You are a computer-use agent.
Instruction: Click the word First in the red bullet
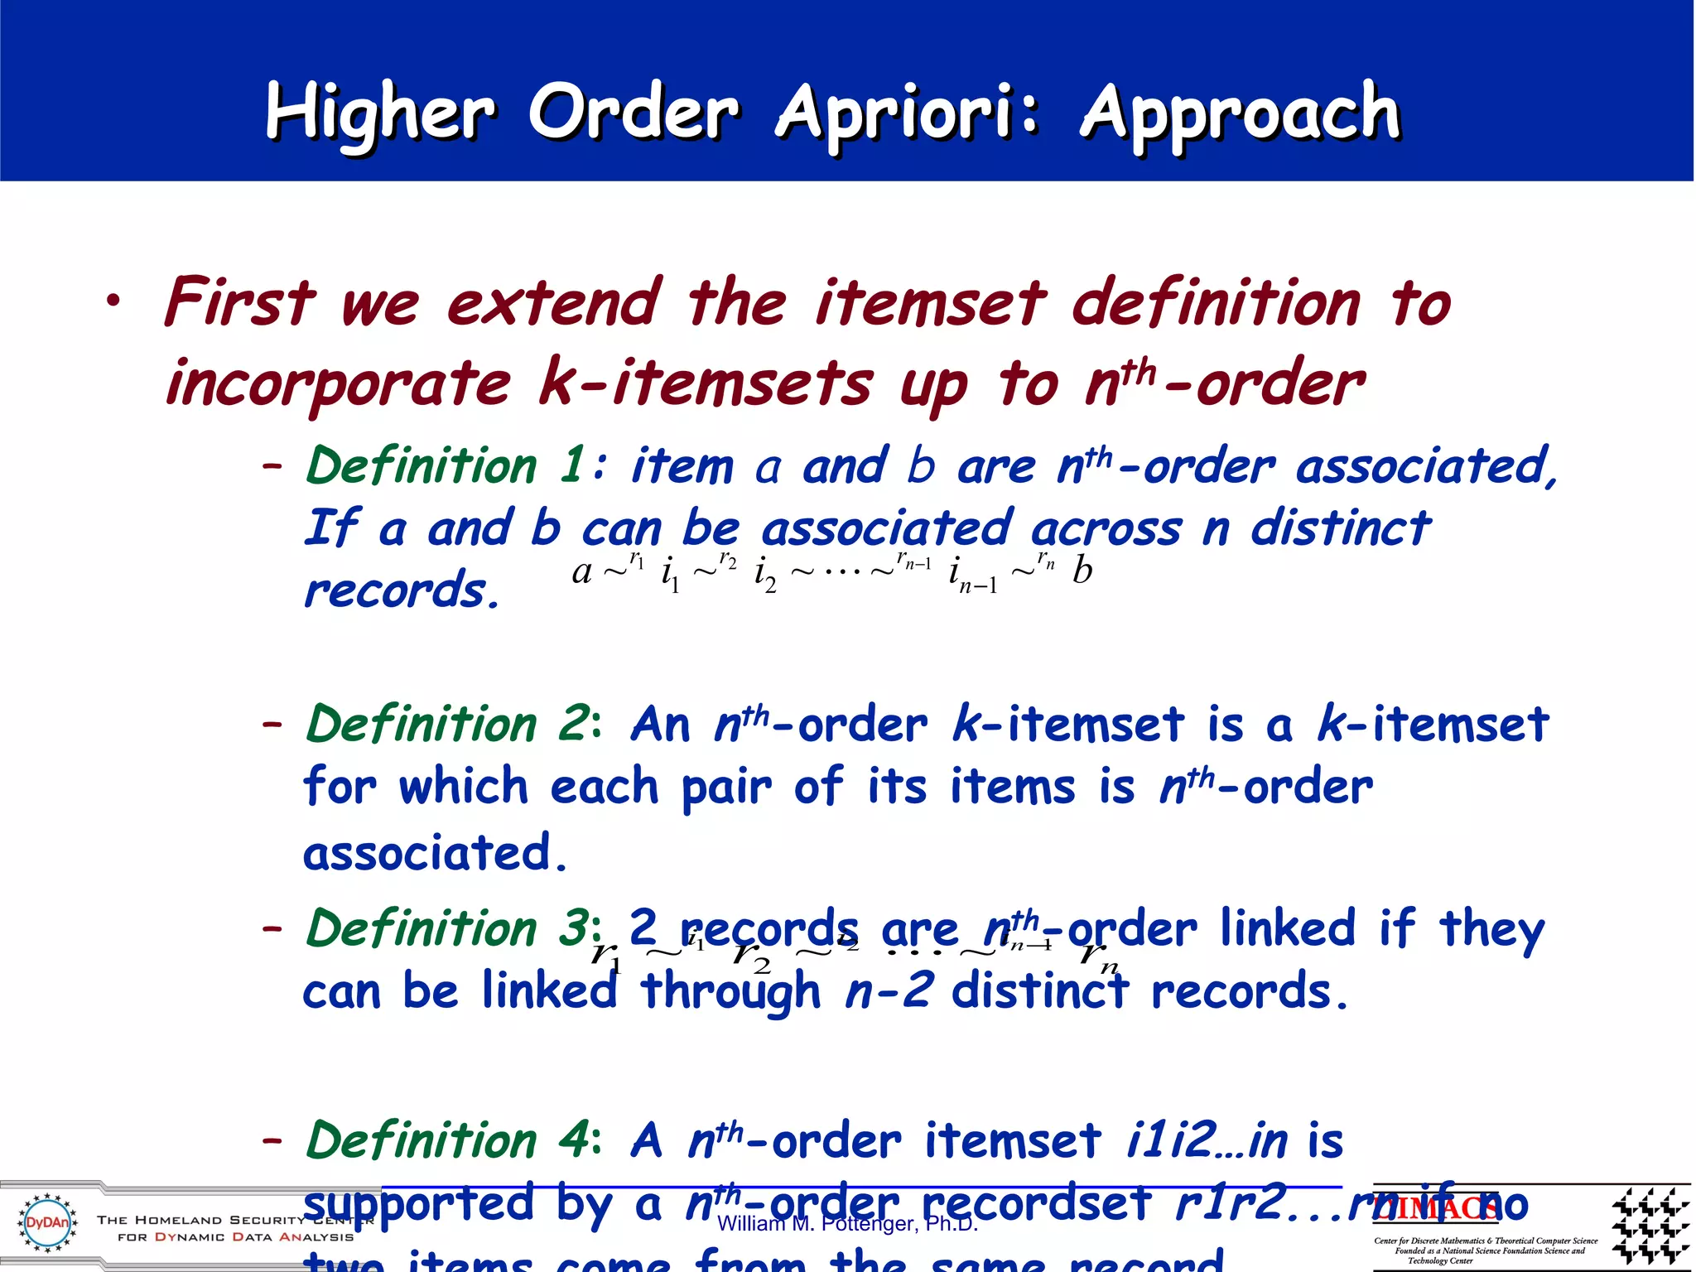[x=240, y=302]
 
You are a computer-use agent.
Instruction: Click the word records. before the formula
[x=402, y=590]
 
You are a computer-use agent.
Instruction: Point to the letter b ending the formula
[x=1082, y=571]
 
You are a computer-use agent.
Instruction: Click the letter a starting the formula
[x=582, y=571]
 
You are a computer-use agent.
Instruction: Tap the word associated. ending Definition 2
[x=435, y=853]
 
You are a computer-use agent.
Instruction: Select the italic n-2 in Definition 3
[x=890, y=991]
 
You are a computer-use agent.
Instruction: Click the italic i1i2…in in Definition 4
[x=1207, y=1140]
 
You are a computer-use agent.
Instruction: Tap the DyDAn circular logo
[x=48, y=1222]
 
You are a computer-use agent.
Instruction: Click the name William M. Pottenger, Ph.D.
[x=847, y=1224]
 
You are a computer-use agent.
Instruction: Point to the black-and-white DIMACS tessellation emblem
[x=1650, y=1225]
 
